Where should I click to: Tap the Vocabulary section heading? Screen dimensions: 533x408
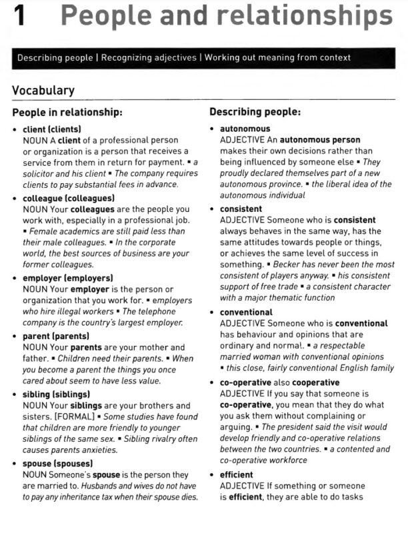click(x=43, y=91)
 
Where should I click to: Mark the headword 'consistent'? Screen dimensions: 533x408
click(x=241, y=209)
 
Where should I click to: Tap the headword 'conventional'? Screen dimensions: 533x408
click(x=246, y=312)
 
